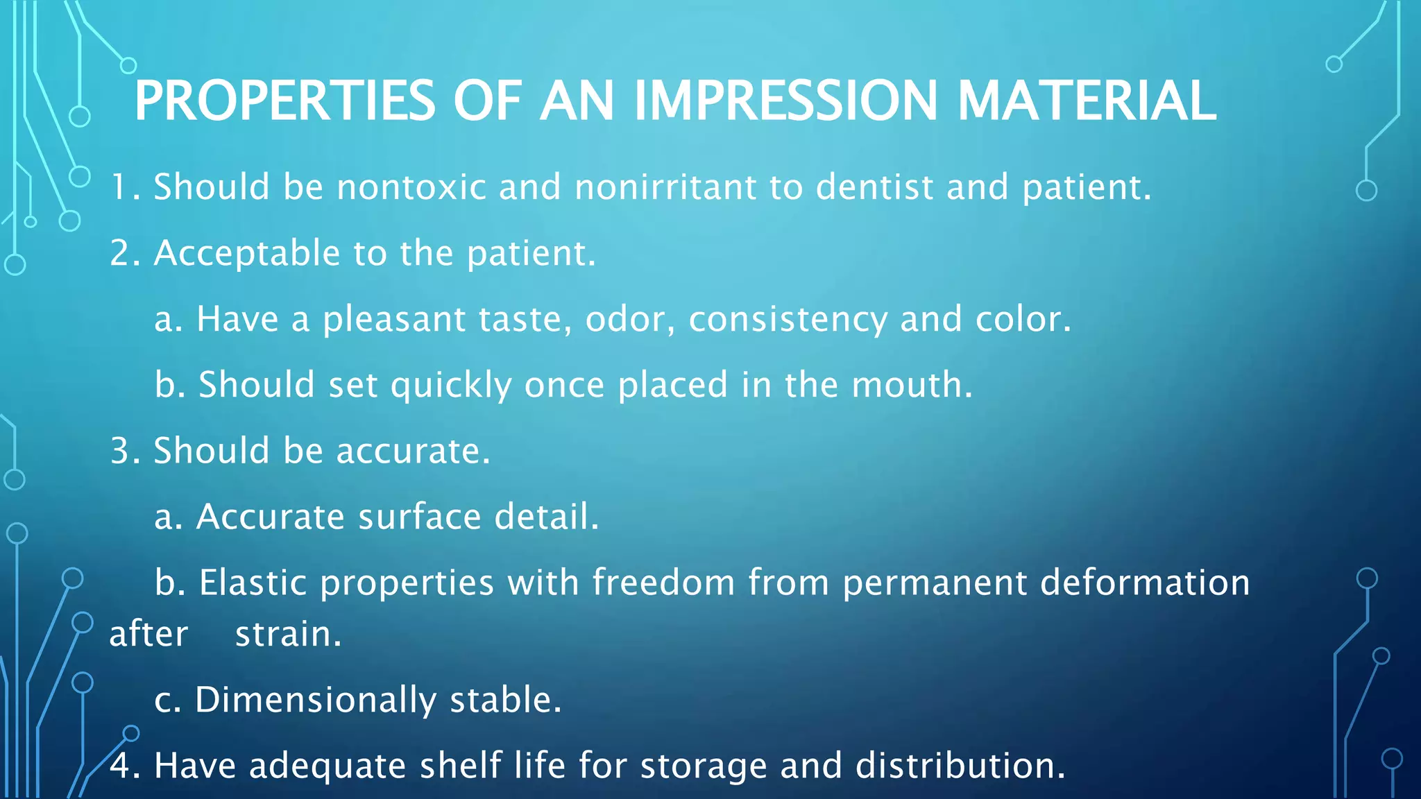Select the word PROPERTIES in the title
pos(284,101)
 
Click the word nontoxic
pos(411,187)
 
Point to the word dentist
pos(874,187)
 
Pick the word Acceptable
pos(247,253)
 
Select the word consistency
pos(788,320)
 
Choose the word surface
pos(420,517)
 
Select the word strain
pos(288,634)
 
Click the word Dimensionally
pos(316,701)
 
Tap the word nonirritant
pos(665,187)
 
